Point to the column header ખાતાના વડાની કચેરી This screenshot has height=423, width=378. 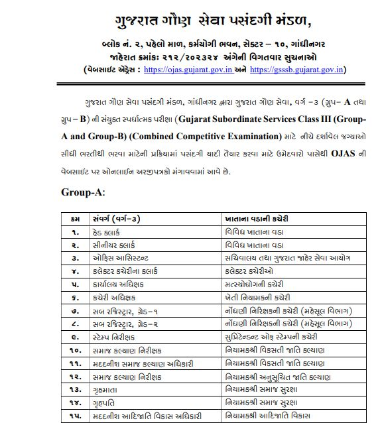tap(260, 218)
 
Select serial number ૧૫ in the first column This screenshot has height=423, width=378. tap(76, 415)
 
